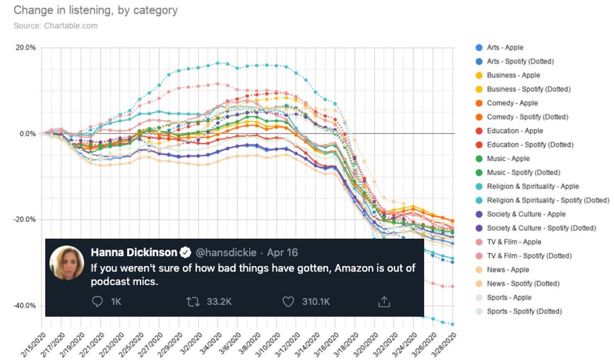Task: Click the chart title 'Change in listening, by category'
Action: click(96, 10)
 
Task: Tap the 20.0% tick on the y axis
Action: click(26, 48)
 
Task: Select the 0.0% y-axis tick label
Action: click(28, 134)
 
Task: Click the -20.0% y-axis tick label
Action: click(25, 220)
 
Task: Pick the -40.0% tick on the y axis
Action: click(25, 306)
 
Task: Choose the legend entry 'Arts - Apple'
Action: click(505, 48)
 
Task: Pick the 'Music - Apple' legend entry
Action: click(508, 159)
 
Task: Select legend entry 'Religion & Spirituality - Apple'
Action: click(533, 186)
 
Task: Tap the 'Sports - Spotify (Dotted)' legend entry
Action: click(524, 311)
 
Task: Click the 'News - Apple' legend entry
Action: click(508, 269)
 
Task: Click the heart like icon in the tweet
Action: click(289, 302)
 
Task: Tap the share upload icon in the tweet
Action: click(384, 302)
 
